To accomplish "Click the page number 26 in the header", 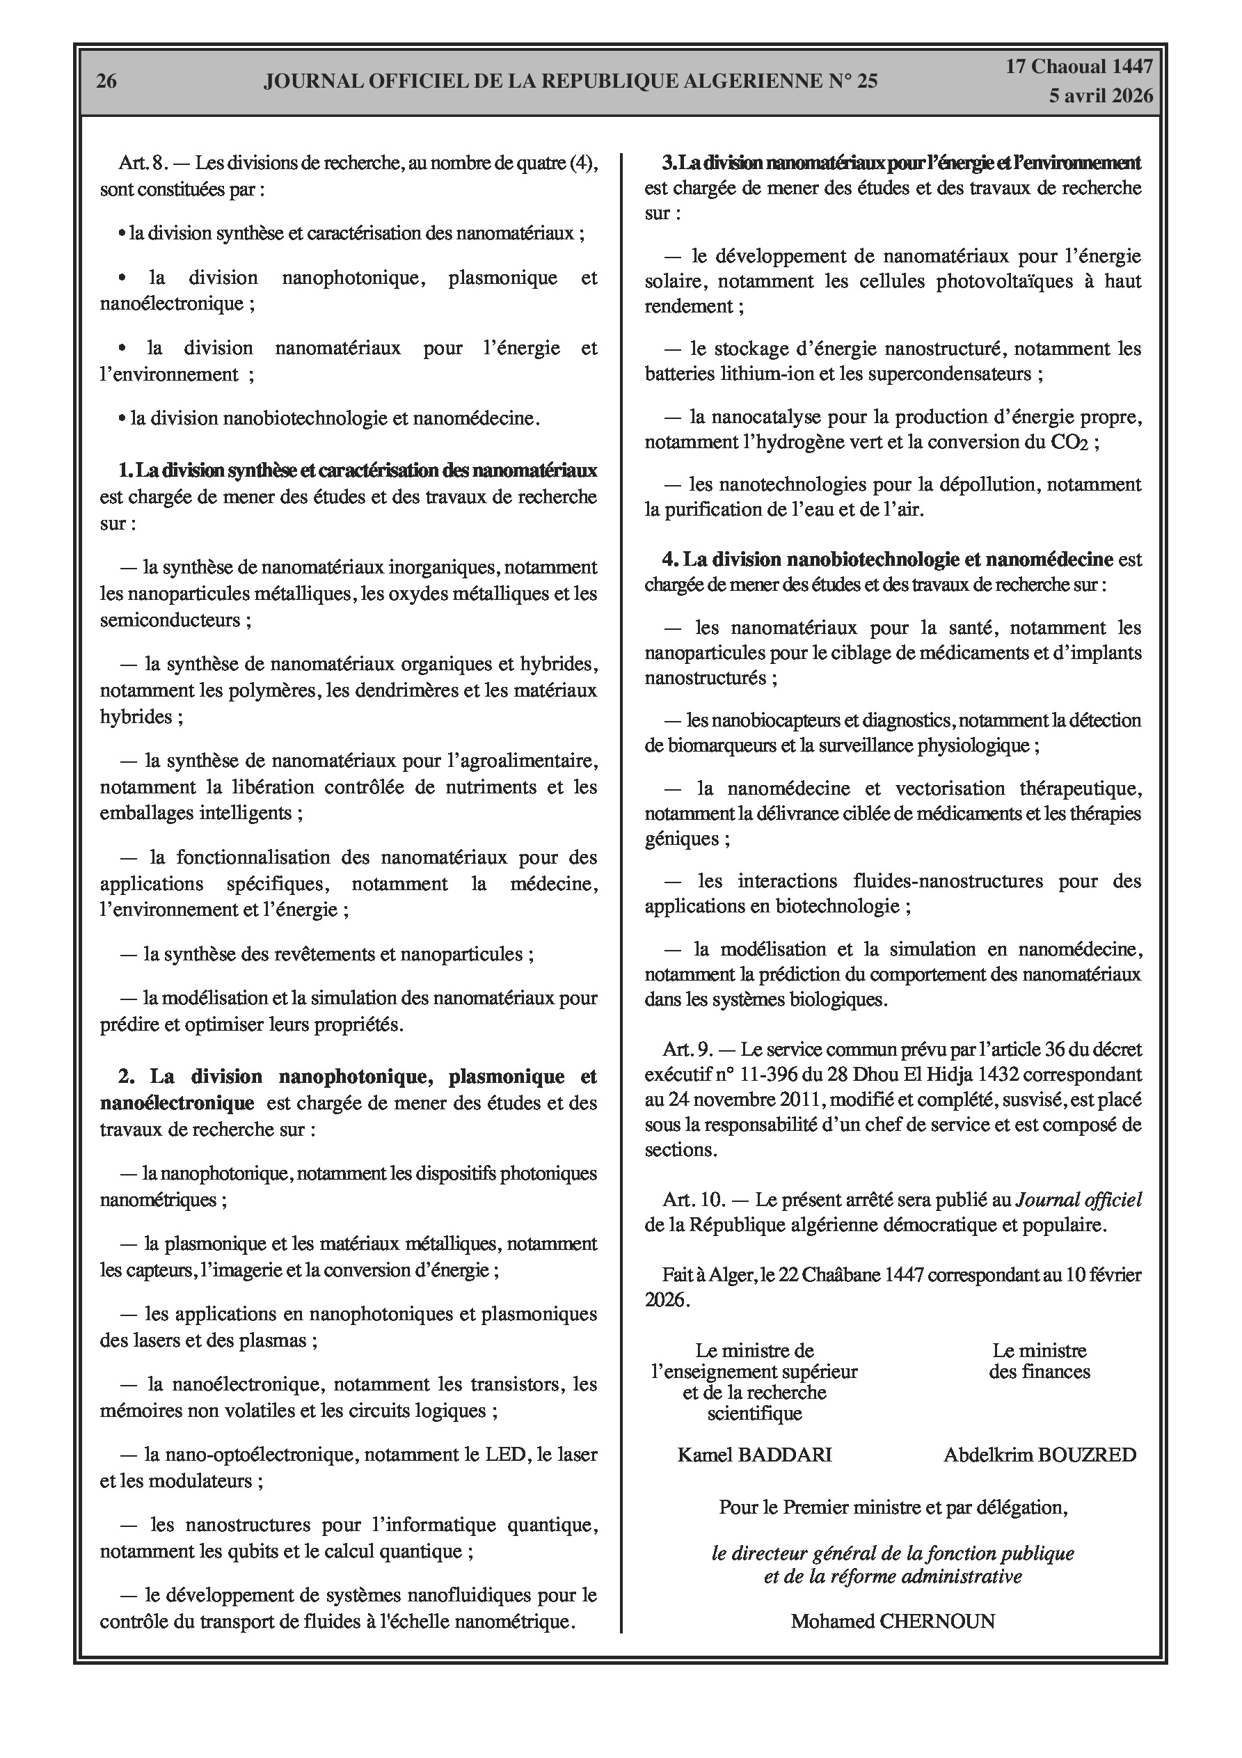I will coord(106,81).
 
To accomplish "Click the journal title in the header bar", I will coord(571,81).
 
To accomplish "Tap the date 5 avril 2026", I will coord(1102,96).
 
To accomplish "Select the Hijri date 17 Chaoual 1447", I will coord(1079,67).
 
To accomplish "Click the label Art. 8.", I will coord(143,163).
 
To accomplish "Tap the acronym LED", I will coord(509,1454).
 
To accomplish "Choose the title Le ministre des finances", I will coord(1039,1361).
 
